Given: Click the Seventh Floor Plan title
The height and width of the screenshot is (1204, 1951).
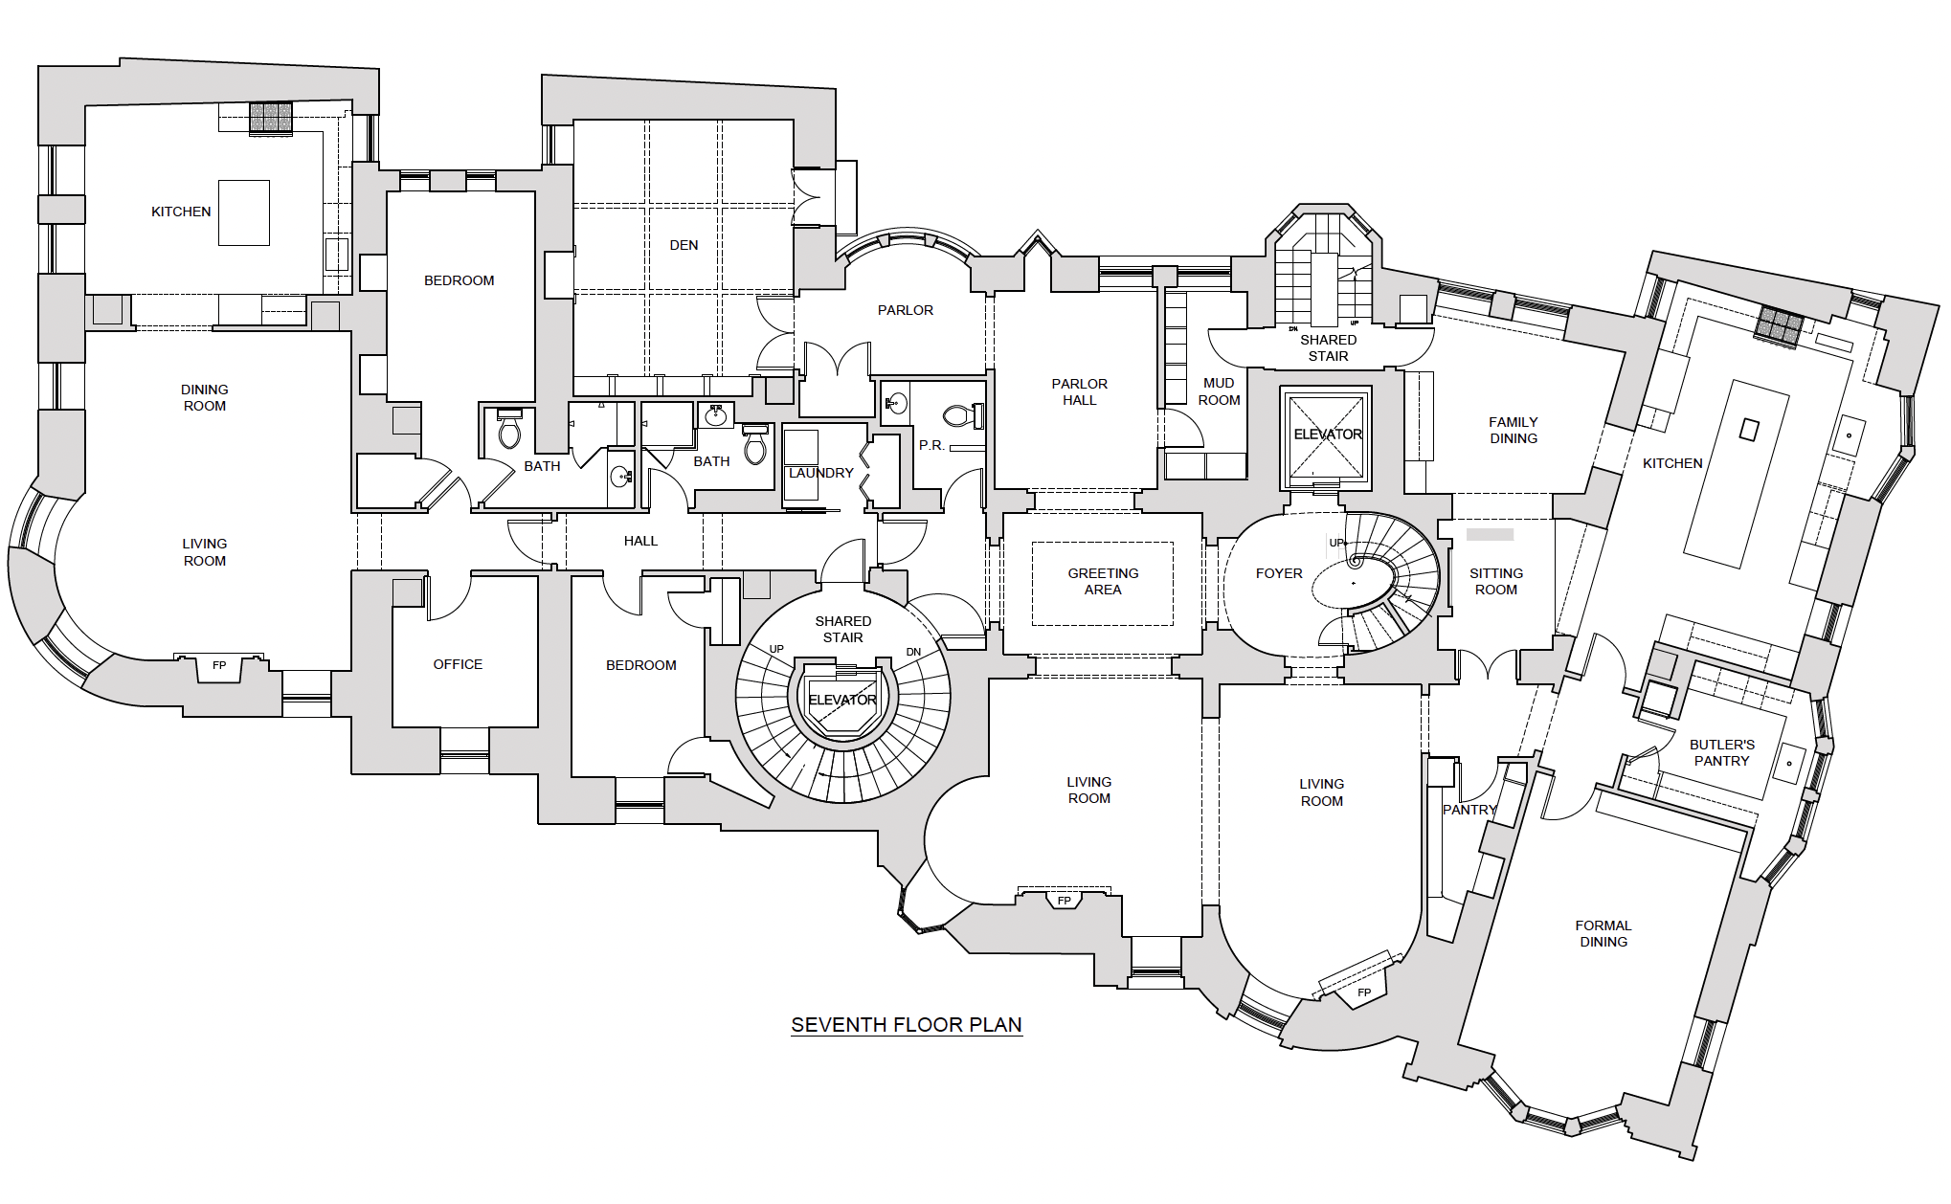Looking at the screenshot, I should (906, 1025).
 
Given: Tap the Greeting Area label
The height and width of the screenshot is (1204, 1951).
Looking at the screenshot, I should (1103, 582).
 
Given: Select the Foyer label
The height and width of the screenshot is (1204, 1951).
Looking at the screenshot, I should (1279, 573).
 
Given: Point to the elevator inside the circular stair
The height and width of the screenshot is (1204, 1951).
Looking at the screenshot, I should (842, 701).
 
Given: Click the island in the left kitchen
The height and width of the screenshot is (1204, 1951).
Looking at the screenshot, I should (243, 212).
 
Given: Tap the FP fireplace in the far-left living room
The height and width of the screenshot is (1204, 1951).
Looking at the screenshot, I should (219, 666).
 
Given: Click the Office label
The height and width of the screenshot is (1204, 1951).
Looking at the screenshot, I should (458, 664).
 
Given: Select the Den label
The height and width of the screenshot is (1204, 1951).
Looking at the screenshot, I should (684, 245).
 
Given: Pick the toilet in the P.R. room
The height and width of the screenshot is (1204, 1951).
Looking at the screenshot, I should (958, 416).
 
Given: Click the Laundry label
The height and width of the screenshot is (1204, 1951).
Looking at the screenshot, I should (820, 473).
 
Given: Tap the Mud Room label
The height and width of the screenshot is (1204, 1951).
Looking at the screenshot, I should (1219, 391).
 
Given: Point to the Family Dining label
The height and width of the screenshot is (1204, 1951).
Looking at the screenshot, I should (1513, 430).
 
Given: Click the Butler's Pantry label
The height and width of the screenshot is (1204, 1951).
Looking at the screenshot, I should (1721, 752).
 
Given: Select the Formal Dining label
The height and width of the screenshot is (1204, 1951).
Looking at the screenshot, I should (1603, 933).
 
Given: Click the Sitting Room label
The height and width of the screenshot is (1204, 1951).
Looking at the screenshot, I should (1495, 581).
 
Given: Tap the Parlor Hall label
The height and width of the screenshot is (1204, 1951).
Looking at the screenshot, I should (1079, 391).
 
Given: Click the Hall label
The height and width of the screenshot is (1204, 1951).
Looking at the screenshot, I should (640, 541).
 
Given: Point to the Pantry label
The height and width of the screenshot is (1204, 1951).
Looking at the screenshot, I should (1469, 810).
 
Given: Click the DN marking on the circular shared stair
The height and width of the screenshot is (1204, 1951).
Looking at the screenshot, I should (913, 652).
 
